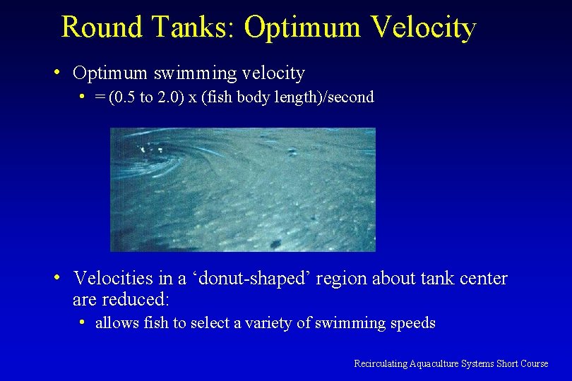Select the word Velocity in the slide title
423,28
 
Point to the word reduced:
136,299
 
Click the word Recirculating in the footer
380,363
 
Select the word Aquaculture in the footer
433,363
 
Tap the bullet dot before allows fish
83,322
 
